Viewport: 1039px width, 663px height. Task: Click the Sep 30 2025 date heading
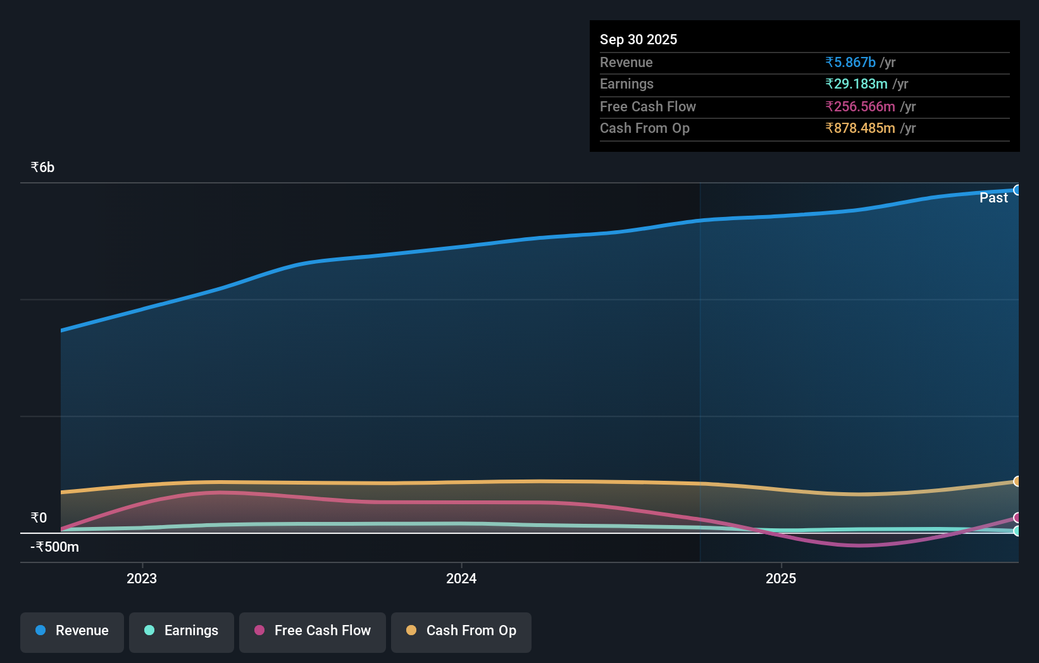tap(638, 39)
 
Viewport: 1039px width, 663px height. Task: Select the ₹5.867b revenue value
tap(850, 62)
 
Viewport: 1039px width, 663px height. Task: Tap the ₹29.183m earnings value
tap(855, 84)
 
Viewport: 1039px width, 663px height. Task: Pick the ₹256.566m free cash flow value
tap(859, 106)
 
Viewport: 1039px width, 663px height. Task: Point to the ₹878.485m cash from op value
tap(859, 128)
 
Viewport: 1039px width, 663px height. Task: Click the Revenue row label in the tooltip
tap(626, 62)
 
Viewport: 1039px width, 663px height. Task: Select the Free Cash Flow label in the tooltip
tap(647, 106)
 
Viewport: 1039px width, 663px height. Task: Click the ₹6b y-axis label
tap(42, 167)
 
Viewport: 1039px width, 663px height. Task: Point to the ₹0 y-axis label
tap(39, 517)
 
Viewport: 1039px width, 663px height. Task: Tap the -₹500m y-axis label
tap(55, 547)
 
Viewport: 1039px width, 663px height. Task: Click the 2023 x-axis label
tap(142, 578)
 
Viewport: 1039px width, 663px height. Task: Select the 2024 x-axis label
tap(461, 578)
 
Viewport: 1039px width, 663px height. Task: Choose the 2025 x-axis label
tap(781, 578)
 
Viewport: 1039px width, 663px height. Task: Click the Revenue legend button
tap(72, 631)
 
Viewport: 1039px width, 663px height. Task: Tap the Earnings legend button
tap(182, 631)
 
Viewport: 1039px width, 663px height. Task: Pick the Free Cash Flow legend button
tap(313, 631)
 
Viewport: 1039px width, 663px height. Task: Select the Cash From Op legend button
tap(461, 631)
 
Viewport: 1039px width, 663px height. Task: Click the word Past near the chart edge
tap(993, 198)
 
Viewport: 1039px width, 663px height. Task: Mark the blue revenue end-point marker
tap(1017, 190)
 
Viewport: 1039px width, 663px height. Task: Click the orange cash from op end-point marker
tap(1017, 481)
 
